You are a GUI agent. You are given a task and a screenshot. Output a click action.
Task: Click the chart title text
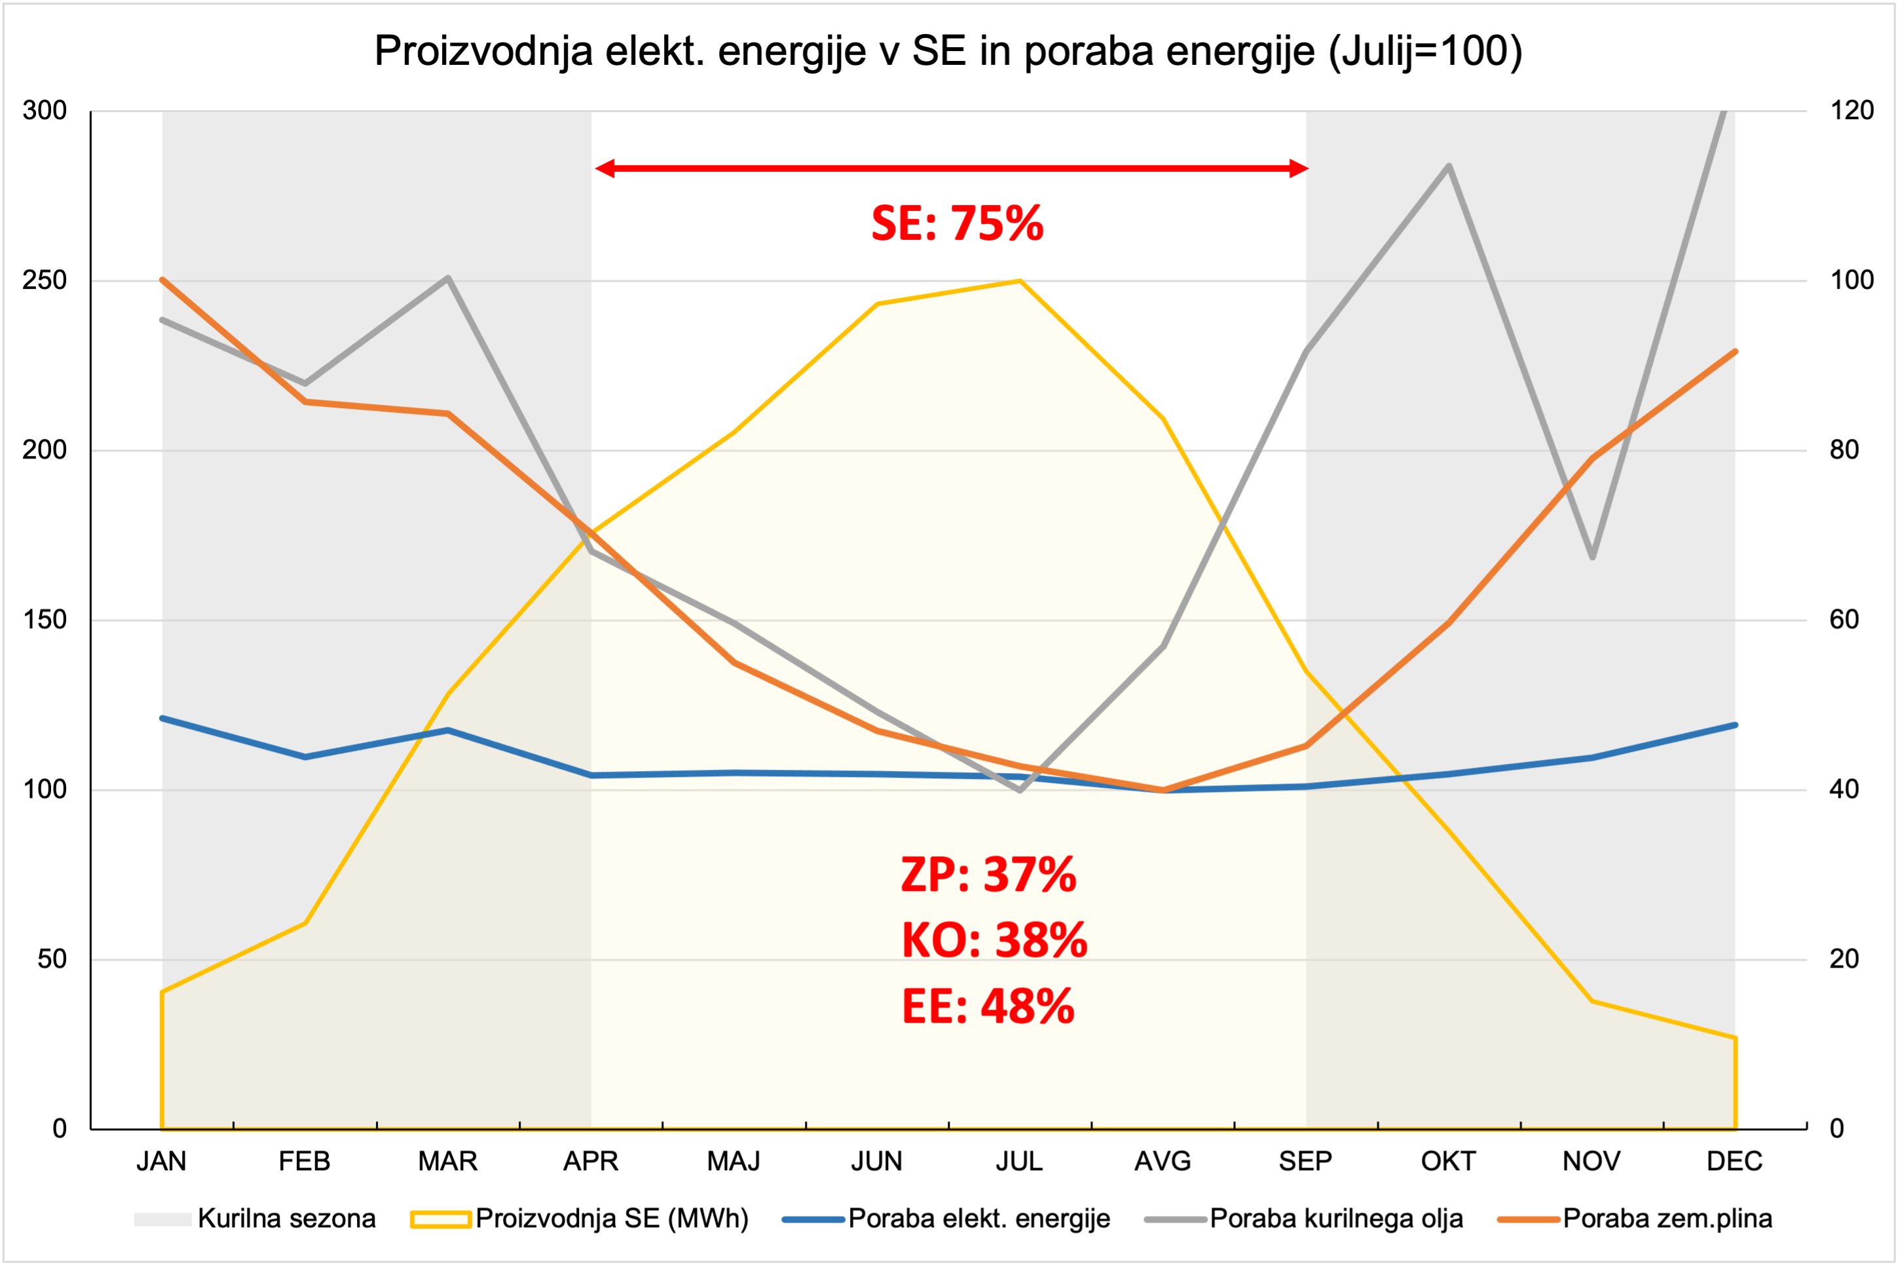948,52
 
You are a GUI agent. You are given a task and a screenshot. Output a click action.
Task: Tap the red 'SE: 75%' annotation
958,224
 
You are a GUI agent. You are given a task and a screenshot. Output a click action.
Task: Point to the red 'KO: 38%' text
994,941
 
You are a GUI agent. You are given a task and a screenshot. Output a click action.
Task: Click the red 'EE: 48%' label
988,1007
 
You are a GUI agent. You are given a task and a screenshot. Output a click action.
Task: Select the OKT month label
1449,1161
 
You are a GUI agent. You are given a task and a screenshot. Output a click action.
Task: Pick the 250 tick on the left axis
45,280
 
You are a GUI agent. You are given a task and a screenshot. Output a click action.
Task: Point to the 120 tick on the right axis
1852,111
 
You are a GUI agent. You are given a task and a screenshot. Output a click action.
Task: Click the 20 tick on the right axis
1844,959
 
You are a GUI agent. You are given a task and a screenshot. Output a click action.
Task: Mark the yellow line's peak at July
1020,281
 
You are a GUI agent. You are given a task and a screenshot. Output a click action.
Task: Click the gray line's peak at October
1449,166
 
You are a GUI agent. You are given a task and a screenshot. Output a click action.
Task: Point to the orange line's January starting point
163,280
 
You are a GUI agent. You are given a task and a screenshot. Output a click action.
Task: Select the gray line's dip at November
1592,557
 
